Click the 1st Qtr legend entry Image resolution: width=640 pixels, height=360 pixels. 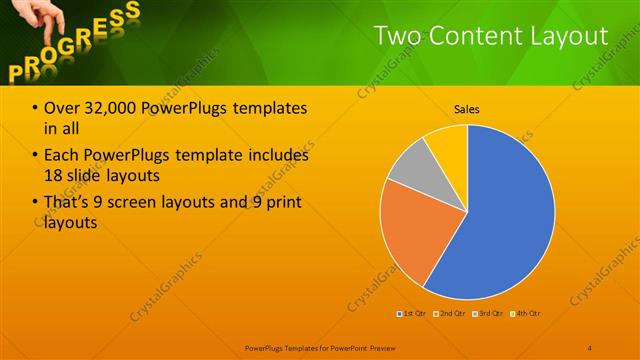[x=411, y=314]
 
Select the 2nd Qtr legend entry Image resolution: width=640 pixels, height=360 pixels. [x=449, y=314]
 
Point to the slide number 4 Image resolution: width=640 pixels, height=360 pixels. [x=590, y=347]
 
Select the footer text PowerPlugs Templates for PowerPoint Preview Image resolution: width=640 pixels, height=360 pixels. [x=320, y=347]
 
